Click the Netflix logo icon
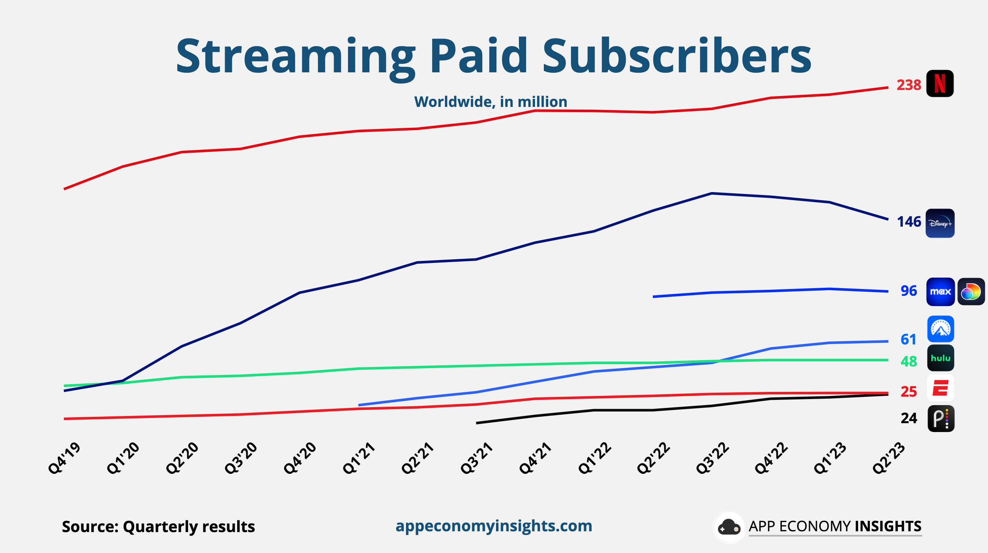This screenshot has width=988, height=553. click(940, 84)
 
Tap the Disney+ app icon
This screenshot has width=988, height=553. click(940, 223)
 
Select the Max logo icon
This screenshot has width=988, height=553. click(940, 292)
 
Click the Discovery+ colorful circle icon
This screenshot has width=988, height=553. click(971, 292)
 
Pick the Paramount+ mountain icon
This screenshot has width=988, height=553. click(941, 329)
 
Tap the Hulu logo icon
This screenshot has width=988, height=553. click(941, 358)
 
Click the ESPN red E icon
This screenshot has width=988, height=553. click(941, 388)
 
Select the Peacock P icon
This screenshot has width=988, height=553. click(941, 419)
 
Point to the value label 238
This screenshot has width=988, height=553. click(908, 85)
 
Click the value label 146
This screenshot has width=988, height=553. click(908, 222)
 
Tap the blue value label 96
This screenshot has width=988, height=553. click(908, 291)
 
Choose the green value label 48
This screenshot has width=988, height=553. click(908, 362)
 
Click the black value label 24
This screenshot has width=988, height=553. click(908, 418)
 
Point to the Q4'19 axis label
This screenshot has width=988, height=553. click(64, 458)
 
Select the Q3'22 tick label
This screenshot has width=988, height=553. click(712, 458)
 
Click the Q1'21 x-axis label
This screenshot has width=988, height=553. click(359, 458)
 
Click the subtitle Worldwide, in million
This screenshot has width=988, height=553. click(490, 102)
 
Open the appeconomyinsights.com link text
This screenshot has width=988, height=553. click(494, 526)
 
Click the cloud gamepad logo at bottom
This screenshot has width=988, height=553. click(729, 527)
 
